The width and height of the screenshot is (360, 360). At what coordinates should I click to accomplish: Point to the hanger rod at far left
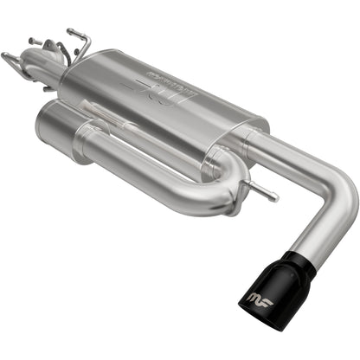[11, 60]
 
